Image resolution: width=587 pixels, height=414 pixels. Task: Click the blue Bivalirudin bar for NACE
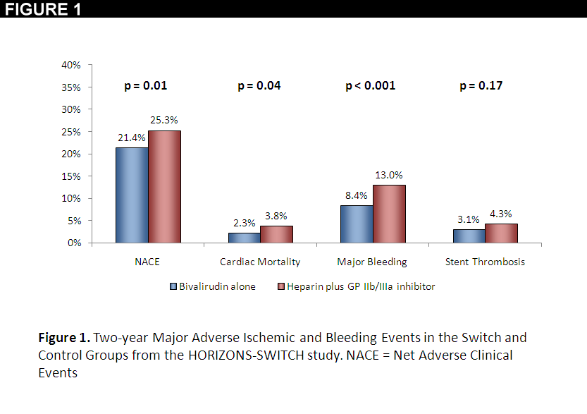point(132,195)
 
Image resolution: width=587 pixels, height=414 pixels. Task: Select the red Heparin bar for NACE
point(164,187)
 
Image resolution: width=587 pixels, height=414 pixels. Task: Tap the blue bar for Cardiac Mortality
point(244,238)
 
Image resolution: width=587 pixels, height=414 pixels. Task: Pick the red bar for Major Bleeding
point(389,214)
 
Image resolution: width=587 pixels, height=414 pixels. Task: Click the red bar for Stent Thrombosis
point(501,233)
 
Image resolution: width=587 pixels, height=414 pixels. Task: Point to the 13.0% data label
point(389,175)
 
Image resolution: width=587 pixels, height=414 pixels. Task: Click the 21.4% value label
point(131,138)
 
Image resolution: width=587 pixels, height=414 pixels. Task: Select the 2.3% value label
point(244,223)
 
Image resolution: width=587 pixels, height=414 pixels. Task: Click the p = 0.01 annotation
point(146,86)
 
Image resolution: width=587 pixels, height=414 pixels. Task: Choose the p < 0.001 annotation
point(371,86)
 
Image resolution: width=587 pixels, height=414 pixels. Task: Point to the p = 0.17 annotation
point(481,86)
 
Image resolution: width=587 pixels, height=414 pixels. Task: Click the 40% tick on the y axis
point(71,65)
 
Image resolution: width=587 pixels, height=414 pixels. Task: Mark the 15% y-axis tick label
point(71,176)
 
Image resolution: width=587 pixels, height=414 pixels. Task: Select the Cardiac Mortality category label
point(260,262)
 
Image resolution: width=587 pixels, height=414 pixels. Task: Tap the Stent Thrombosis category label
point(485,262)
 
